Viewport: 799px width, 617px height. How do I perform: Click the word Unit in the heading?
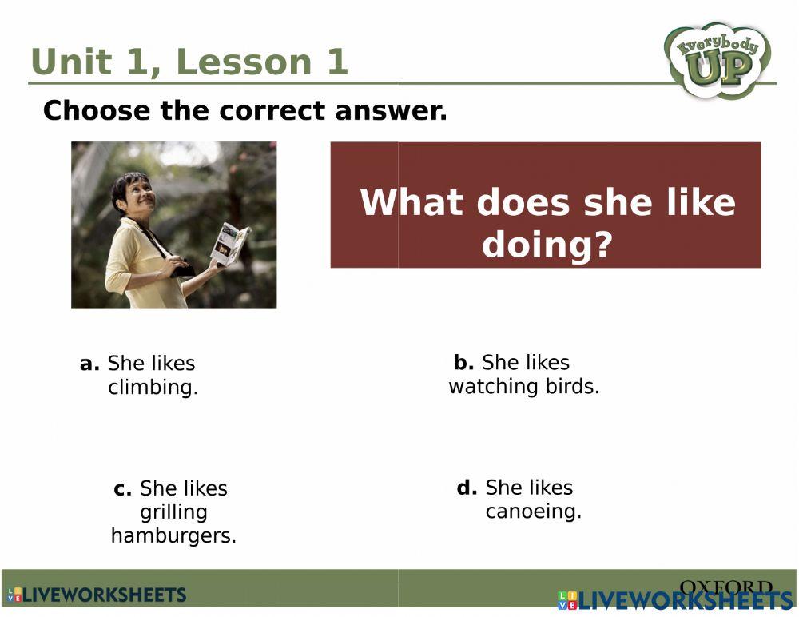click(x=71, y=62)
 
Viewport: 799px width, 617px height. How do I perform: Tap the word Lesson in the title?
click(x=244, y=62)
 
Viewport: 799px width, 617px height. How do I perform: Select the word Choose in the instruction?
click(x=97, y=110)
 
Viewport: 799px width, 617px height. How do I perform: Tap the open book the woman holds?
click(x=230, y=244)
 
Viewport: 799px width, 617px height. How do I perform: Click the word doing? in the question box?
click(x=547, y=245)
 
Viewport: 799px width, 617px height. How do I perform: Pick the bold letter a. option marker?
click(x=89, y=364)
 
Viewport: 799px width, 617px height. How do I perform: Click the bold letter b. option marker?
click(x=463, y=362)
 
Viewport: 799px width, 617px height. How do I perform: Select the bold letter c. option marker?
click(x=123, y=488)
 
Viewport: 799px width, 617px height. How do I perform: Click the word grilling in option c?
click(x=173, y=512)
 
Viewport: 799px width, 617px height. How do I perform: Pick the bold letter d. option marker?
click(x=467, y=488)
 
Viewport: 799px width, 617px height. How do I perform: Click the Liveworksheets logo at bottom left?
click(x=97, y=595)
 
